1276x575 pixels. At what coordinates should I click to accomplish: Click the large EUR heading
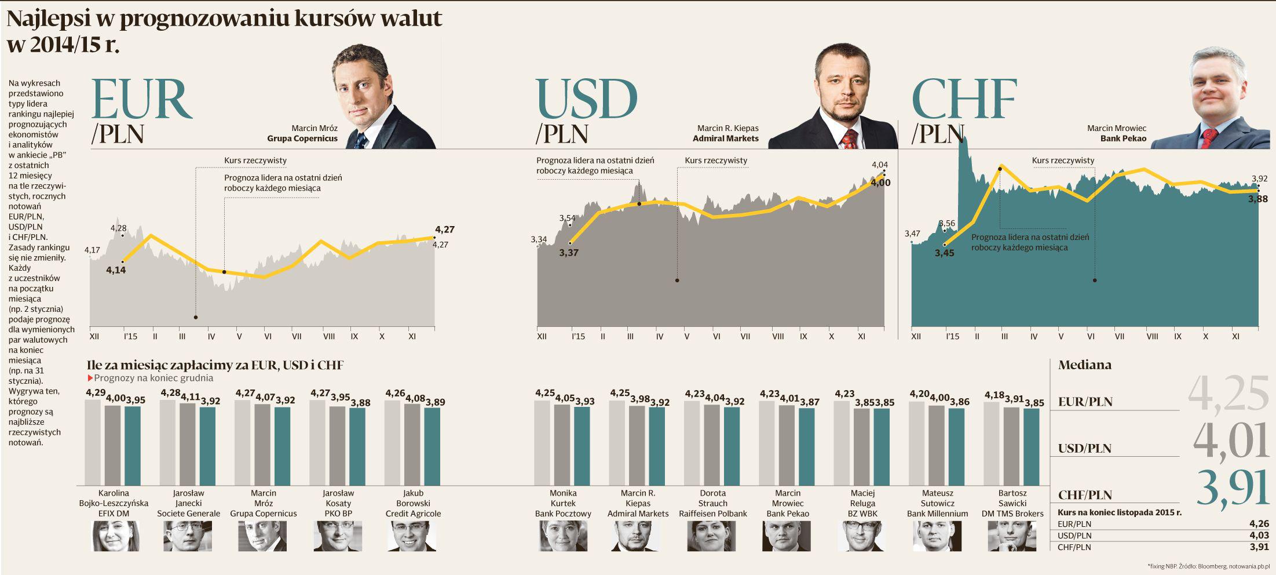(x=141, y=99)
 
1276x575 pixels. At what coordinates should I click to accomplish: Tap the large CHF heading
(x=964, y=99)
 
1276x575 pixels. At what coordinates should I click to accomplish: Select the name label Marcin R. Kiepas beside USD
(x=727, y=128)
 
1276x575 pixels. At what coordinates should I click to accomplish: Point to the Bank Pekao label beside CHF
(x=1123, y=139)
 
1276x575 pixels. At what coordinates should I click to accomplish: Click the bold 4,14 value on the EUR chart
(x=116, y=270)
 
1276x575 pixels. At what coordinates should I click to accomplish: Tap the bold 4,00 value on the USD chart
(x=880, y=183)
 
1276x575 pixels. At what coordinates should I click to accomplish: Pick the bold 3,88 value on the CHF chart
(x=1258, y=199)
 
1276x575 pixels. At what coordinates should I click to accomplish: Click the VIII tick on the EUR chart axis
(x=329, y=336)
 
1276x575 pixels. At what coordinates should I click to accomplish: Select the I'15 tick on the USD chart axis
(x=578, y=336)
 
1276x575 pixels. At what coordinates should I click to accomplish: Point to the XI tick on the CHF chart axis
(x=1235, y=336)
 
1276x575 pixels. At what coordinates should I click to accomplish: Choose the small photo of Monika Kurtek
(x=563, y=536)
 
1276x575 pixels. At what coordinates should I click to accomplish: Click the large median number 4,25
(x=1229, y=394)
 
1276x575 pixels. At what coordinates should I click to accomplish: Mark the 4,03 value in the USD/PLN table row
(x=1259, y=536)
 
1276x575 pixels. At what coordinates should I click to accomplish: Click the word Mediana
(x=1085, y=365)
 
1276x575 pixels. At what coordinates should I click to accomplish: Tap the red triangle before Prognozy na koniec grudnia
(x=90, y=379)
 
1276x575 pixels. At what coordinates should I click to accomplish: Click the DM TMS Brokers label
(x=1012, y=514)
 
